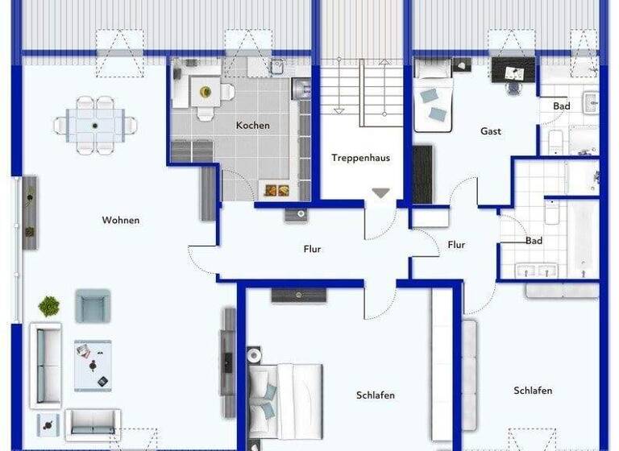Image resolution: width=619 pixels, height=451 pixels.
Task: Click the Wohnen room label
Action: click(x=120, y=220)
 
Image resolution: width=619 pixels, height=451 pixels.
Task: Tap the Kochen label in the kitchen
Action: click(x=252, y=126)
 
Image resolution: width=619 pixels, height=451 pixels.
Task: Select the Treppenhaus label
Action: click(x=360, y=158)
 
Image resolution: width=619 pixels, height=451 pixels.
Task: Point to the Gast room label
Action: click(x=490, y=131)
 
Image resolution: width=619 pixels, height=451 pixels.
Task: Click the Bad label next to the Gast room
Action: click(x=561, y=106)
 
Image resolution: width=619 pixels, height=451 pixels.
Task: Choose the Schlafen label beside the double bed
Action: click(x=375, y=395)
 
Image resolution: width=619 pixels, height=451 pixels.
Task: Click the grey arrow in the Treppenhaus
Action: click(x=380, y=193)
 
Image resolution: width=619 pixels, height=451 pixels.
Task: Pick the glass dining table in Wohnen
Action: click(x=95, y=126)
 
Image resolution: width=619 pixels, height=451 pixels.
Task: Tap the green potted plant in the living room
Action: click(x=49, y=306)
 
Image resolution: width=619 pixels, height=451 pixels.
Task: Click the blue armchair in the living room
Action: click(x=93, y=305)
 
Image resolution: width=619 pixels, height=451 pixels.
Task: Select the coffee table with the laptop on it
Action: click(x=93, y=365)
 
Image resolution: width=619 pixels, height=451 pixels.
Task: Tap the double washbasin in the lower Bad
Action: click(x=529, y=270)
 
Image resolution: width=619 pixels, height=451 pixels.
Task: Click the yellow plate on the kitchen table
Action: click(x=204, y=90)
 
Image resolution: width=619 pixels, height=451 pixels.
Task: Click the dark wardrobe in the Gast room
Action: click(x=422, y=173)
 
